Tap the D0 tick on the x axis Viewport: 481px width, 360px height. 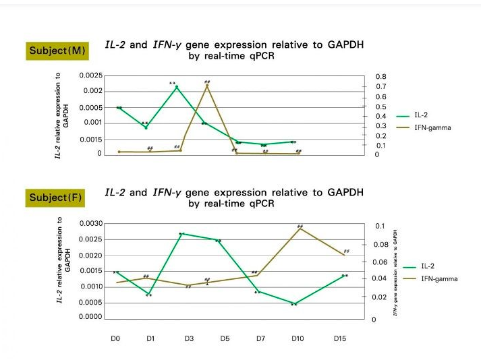click(115, 338)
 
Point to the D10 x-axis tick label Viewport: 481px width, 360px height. click(298, 338)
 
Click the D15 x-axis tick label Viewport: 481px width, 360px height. click(340, 338)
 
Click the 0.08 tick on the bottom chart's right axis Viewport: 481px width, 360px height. click(381, 245)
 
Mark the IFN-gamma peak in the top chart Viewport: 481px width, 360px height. click(208, 86)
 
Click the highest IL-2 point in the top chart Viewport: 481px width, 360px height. click(177, 87)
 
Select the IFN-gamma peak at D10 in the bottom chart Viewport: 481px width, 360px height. click(299, 229)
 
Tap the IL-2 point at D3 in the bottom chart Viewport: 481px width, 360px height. click(181, 234)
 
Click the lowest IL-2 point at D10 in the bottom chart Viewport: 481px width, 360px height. click(293, 303)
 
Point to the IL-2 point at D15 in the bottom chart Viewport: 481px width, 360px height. click(344, 276)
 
